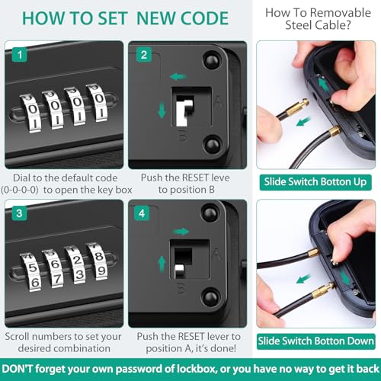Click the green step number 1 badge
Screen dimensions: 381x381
[20, 55]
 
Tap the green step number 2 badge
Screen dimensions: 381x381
[144, 55]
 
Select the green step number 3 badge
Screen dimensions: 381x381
[19, 213]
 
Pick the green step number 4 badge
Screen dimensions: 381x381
[142, 213]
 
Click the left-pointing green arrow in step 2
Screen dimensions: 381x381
[178, 76]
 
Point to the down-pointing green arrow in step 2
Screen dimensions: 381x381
[162, 110]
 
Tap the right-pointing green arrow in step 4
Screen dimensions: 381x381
[181, 232]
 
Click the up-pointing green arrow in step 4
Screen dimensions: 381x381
[162, 264]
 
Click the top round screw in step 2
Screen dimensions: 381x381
[212, 60]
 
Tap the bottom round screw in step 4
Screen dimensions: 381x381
[210, 297]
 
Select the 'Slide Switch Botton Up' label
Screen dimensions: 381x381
[315, 182]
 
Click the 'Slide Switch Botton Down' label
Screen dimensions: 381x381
[315, 341]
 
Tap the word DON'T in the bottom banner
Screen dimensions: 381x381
[18, 369]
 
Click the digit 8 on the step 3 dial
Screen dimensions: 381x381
[98, 256]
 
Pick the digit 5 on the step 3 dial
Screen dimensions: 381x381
[32, 268]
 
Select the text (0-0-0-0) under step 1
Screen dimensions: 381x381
[20, 190]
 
